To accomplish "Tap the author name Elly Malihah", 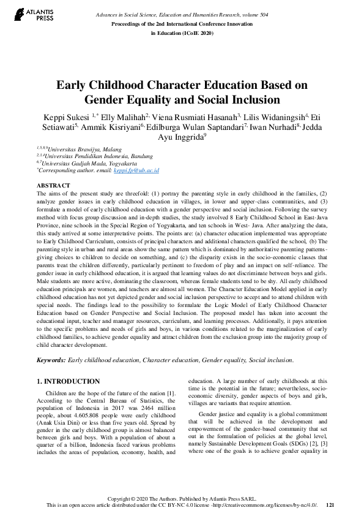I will pos(116,116).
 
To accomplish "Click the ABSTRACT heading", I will pos(54,184).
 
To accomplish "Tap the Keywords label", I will pos(51,360).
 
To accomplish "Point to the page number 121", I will pos(330,504).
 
